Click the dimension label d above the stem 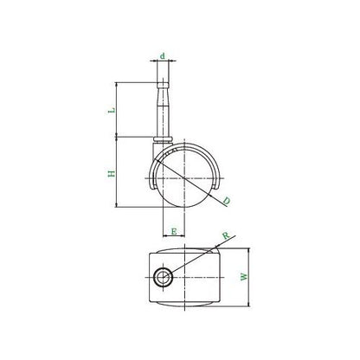pyautogui.click(x=163, y=55)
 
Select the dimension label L pyautogui.click(x=112, y=110)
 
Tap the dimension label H pyautogui.click(x=112, y=173)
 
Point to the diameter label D pyautogui.click(x=227, y=201)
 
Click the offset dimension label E pyautogui.click(x=174, y=231)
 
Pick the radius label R pyautogui.click(x=227, y=235)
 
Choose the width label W pyautogui.click(x=244, y=276)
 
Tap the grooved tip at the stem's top pyautogui.click(x=163, y=85)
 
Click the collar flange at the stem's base pyautogui.click(x=163, y=139)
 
